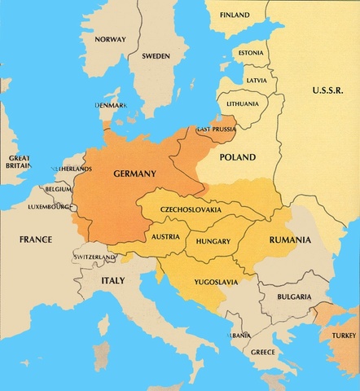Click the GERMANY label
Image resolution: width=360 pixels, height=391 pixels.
(x=134, y=174)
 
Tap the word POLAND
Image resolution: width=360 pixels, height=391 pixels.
(x=238, y=156)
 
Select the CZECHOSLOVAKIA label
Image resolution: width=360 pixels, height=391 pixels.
(x=191, y=209)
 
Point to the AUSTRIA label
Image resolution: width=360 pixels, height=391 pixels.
(x=166, y=236)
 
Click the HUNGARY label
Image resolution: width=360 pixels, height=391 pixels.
(x=213, y=241)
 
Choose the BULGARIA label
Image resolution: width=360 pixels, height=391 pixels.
(x=292, y=298)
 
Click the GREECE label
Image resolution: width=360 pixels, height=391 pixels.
(x=263, y=352)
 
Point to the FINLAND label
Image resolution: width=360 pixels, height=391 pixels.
(x=235, y=15)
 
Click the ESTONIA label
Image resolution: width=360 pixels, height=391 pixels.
(x=249, y=54)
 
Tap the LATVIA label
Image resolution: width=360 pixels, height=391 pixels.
(x=256, y=80)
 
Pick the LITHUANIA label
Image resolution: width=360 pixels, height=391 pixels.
(x=244, y=104)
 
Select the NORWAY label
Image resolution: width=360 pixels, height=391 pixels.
(x=110, y=39)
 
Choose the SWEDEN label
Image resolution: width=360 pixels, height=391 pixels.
(x=156, y=56)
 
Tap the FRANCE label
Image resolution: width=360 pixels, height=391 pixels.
(x=36, y=239)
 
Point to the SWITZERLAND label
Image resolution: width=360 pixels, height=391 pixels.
(x=94, y=257)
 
